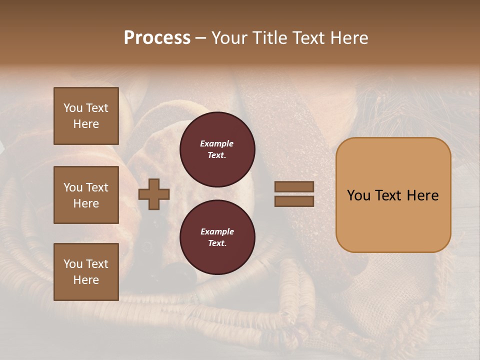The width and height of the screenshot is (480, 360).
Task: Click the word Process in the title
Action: (157, 38)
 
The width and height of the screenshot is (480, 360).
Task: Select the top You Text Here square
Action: (86, 116)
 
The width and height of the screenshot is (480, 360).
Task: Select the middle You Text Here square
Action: (86, 195)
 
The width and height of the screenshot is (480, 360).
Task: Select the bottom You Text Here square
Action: (86, 272)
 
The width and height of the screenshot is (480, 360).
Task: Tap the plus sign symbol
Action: (154, 194)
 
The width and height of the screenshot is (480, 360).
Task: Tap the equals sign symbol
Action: (294, 194)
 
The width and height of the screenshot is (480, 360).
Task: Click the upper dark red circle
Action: (217, 149)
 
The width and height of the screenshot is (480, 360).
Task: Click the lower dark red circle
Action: (217, 237)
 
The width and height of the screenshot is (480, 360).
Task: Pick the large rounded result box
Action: (393, 195)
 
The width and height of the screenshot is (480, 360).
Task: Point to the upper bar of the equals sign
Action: (294, 187)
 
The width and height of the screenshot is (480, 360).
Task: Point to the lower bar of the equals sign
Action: (294, 201)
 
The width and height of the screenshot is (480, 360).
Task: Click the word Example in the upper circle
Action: (216, 144)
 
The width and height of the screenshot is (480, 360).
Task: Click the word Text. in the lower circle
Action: (217, 243)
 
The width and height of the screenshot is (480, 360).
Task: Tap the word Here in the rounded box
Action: (422, 195)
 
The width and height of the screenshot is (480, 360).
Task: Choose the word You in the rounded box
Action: (358, 195)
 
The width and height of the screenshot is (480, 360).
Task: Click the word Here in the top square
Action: (86, 124)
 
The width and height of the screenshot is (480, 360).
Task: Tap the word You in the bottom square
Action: (73, 264)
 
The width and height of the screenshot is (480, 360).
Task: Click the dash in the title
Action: (201, 38)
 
